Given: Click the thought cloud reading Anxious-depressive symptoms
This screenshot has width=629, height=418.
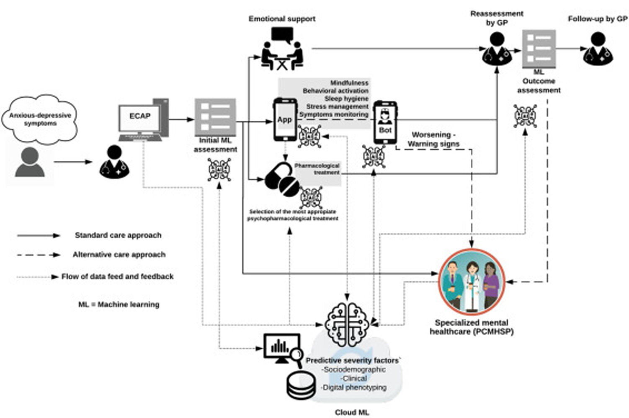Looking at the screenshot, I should tap(40, 119).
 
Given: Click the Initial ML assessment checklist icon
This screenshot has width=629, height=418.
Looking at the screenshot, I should tap(215, 117).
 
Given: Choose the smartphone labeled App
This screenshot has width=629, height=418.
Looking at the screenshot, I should tap(285, 119).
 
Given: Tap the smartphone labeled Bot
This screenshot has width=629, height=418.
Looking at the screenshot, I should tap(385, 122).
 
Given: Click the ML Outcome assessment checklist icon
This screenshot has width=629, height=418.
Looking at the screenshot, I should tap(539, 49).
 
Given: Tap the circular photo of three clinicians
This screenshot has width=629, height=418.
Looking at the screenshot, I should tap(472, 282).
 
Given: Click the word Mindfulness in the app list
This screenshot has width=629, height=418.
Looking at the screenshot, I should tap(349, 83).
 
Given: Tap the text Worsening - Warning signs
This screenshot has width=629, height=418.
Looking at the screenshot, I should tap(433, 139).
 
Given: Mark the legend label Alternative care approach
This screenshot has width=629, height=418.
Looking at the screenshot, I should tap(119, 255).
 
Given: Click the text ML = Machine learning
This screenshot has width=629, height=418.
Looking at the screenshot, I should tap(119, 304).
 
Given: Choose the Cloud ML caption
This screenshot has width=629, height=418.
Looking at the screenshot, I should tap(352, 413).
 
